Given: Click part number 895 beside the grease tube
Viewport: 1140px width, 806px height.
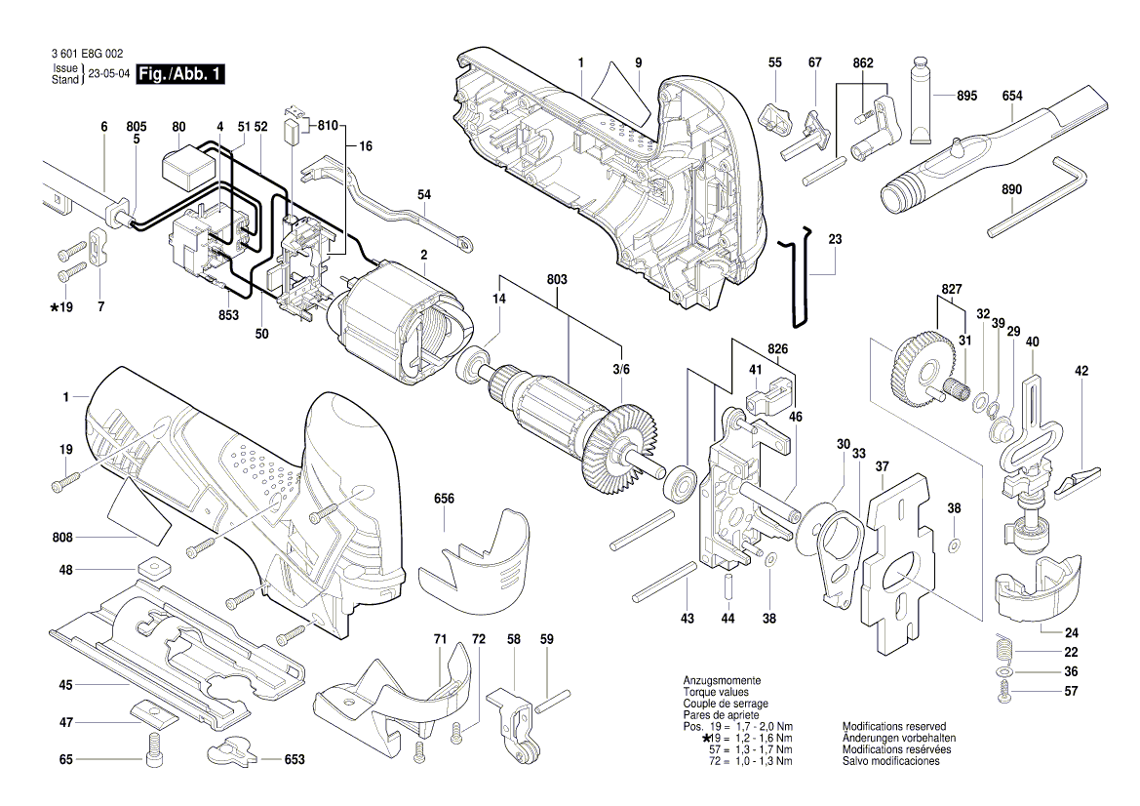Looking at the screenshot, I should pos(965,96).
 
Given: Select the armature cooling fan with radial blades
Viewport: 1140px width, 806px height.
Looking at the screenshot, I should pos(615,439).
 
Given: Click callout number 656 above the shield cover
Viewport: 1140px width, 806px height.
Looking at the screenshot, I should pos(445,499).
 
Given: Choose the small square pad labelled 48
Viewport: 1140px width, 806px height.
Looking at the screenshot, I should pos(154,568).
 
